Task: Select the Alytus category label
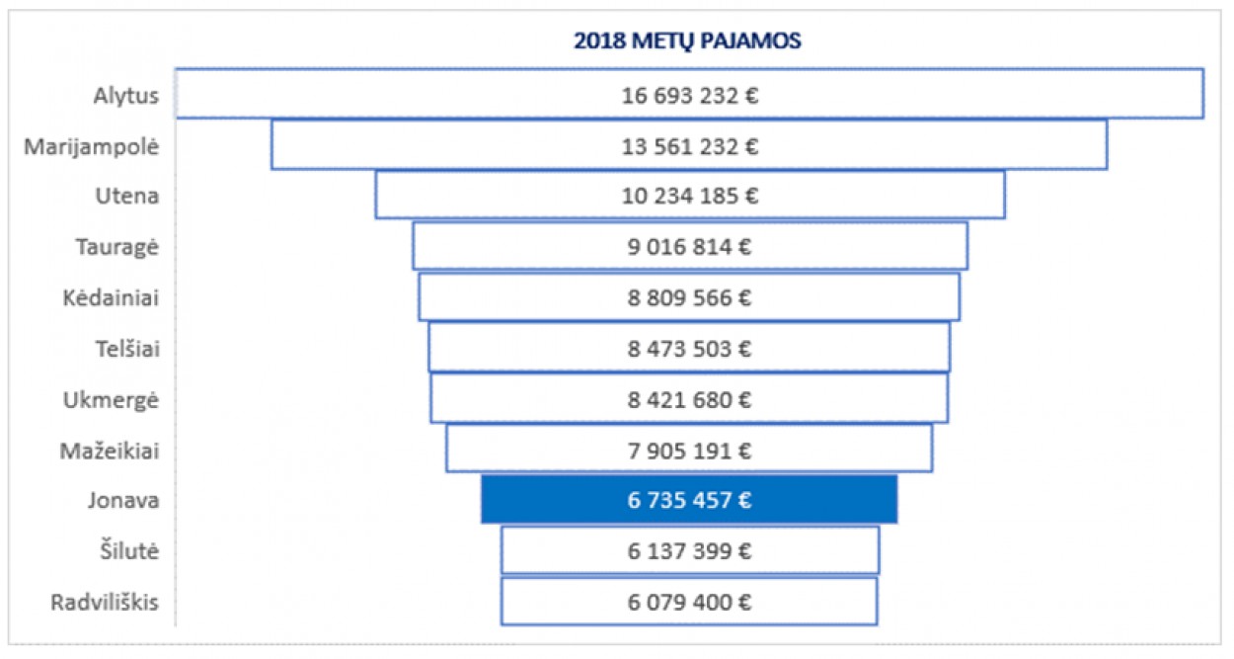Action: click(126, 96)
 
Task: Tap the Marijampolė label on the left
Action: click(91, 146)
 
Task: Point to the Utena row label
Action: click(126, 197)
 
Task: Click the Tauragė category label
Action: click(117, 247)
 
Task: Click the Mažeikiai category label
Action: click(110, 451)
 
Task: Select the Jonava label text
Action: click(122, 500)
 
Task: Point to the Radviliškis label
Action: click(105, 602)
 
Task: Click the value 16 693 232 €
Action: click(689, 96)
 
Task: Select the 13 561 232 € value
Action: click(689, 146)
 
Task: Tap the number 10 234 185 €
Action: click(689, 197)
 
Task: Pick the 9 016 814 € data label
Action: click(689, 247)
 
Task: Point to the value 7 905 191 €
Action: click(689, 451)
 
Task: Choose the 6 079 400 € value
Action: click(689, 602)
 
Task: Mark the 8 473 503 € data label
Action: click(689, 349)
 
